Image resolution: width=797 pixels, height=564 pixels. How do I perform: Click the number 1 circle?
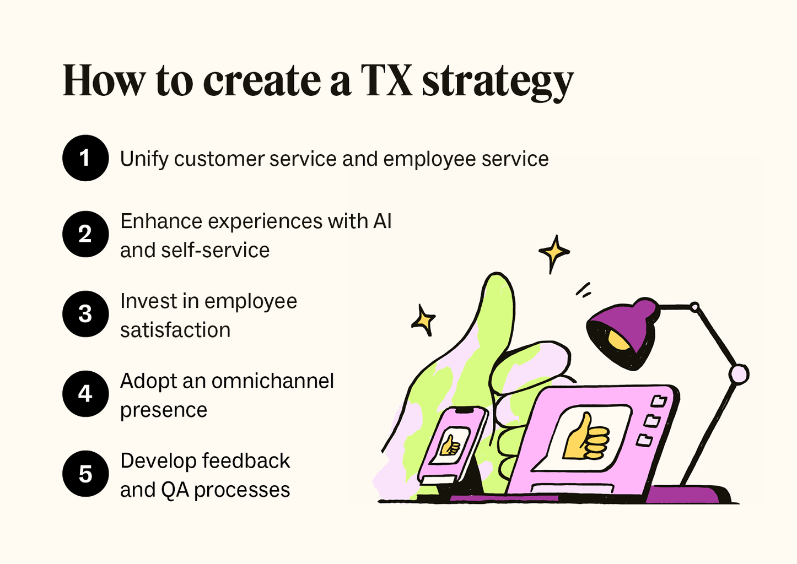(x=85, y=158)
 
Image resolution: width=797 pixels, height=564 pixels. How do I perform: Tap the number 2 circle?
(x=85, y=234)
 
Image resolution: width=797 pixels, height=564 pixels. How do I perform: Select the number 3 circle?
(x=85, y=314)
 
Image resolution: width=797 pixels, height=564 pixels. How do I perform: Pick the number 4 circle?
(x=85, y=394)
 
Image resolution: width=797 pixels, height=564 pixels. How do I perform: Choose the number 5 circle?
(x=85, y=474)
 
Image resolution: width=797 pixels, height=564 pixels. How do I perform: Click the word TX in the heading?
(x=386, y=81)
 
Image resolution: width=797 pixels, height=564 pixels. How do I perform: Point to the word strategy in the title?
(x=498, y=83)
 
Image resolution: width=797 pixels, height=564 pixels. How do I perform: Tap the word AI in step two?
(x=382, y=221)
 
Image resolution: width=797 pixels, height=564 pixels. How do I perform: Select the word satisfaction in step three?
(x=175, y=330)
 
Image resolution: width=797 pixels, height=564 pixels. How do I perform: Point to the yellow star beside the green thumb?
(x=424, y=320)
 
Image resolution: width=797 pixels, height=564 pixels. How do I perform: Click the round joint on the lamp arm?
(x=739, y=375)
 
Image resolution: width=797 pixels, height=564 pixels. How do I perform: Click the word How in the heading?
(x=104, y=81)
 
